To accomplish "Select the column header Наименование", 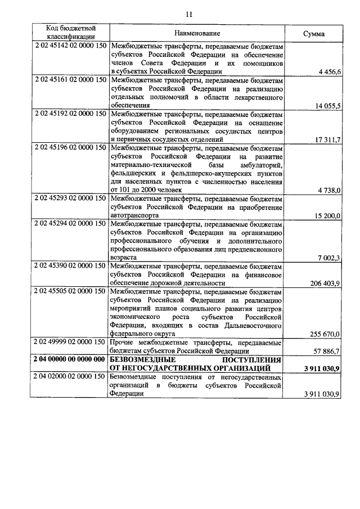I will [x=197, y=33].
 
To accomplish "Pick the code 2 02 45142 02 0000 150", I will [x=70, y=46].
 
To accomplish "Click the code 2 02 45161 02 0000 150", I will [x=70, y=80].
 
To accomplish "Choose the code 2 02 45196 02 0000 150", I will [x=70, y=148].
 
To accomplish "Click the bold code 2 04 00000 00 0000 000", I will [x=70, y=359].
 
